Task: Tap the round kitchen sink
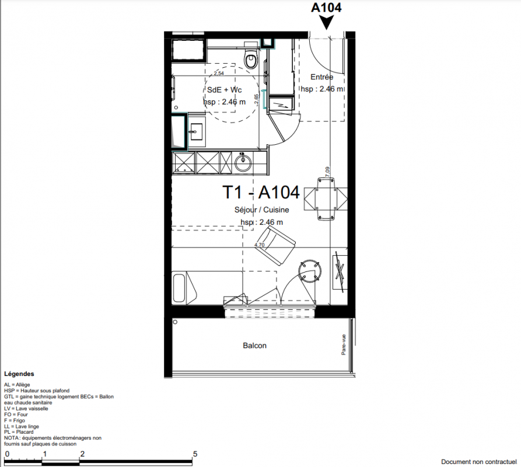tap(243, 163)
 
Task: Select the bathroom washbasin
tap(197, 131)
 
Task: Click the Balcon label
tap(254, 346)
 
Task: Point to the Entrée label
tap(321, 77)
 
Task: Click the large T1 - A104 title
tap(261, 192)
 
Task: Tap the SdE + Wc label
tap(224, 90)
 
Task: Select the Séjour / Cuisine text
tap(261, 210)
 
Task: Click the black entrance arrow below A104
tap(327, 23)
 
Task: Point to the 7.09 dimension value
tap(327, 172)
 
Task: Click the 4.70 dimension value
tap(259, 245)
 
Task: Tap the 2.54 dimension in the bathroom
tap(219, 74)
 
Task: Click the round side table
tap(310, 271)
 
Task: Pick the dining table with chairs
tap(326, 198)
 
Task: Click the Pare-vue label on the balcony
tap(344, 344)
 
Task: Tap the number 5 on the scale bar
tap(195, 454)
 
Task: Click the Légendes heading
tap(19, 374)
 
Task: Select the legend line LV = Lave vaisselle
tap(26, 409)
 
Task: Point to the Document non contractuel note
tap(479, 462)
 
